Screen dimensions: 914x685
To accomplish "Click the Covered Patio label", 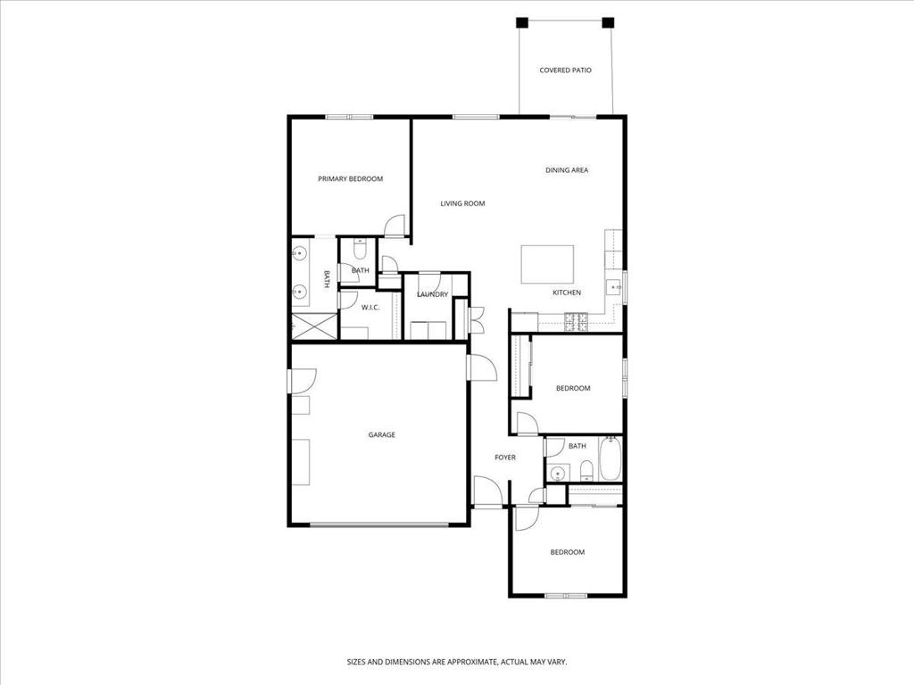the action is (565, 70).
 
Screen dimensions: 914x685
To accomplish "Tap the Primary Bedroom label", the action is (350, 178).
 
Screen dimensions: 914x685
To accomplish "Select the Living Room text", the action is (462, 203).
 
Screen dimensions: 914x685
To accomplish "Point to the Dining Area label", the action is (567, 170).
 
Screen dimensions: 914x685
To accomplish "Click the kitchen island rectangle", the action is (547, 264).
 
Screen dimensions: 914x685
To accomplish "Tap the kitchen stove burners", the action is (576, 322).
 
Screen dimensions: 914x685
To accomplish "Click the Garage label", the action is (382, 434).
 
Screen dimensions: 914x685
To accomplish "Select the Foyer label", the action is (505, 458).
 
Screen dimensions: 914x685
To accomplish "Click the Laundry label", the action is (433, 294).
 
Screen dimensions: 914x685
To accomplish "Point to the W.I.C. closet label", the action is (370, 307).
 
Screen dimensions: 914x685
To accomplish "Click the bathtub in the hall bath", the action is (611, 459).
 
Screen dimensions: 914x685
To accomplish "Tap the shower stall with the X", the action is (314, 326).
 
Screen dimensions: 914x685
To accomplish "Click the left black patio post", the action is (521, 22).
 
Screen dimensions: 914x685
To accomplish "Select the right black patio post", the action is (608, 22).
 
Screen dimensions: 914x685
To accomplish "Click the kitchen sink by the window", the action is (613, 287).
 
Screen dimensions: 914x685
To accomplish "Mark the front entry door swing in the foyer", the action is (487, 491).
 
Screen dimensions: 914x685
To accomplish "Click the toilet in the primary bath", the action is (360, 250).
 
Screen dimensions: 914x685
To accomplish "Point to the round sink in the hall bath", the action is (559, 473).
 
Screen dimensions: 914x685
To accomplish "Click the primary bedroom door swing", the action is (395, 226).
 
